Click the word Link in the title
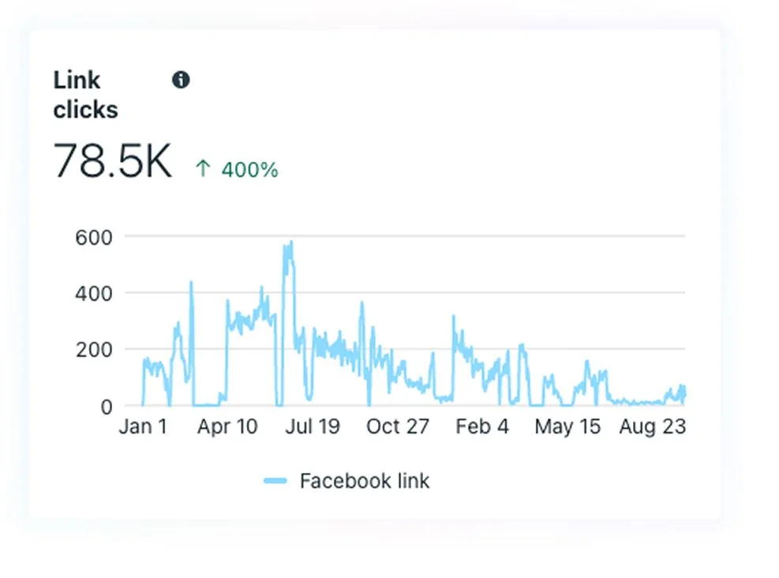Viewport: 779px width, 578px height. (x=77, y=81)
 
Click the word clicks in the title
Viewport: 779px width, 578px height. (x=85, y=110)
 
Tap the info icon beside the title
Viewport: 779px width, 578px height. (x=181, y=80)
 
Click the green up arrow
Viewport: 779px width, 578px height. (x=203, y=169)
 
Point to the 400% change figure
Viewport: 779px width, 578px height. (x=249, y=170)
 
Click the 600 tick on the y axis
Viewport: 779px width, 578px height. (x=96, y=236)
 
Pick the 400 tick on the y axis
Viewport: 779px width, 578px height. (x=96, y=293)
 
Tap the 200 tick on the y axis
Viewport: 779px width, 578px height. (x=96, y=350)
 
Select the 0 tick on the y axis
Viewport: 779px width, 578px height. (x=106, y=407)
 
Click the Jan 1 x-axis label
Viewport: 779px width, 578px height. (x=143, y=427)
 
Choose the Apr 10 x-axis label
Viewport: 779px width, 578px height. (x=227, y=427)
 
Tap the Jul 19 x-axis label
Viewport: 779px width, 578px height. (x=312, y=427)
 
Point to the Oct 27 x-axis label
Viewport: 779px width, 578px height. (x=397, y=427)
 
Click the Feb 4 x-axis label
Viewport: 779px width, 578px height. (x=482, y=427)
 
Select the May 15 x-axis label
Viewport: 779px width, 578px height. (x=567, y=427)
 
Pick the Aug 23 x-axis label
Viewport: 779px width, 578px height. (x=652, y=427)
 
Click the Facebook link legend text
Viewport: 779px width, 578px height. (x=365, y=481)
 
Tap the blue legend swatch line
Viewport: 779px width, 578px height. (x=275, y=481)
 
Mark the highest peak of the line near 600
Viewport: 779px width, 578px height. (x=290, y=242)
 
